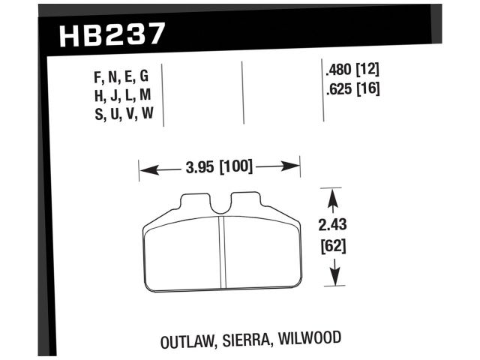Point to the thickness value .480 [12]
coord(352,71)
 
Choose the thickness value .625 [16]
coord(352,90)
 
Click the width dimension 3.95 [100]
coord(219,166)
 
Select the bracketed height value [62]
coord(334,244)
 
